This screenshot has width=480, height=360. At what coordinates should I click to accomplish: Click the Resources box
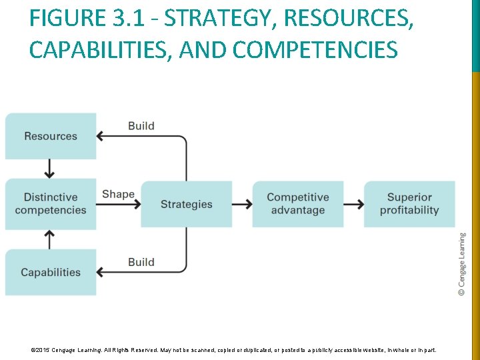coord(51,136)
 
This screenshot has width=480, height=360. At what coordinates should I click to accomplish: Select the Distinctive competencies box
coord(51,203)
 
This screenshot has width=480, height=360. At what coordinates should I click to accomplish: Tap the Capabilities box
coord(51,272)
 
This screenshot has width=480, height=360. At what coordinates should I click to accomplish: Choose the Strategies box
coord(186,204)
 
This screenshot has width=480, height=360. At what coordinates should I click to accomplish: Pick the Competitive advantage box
coord(297,203)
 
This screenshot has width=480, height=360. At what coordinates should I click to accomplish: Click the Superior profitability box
coord(409,203)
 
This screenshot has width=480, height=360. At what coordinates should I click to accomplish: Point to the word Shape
coord(118,194)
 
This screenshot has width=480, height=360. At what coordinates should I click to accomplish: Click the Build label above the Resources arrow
coord(141,125)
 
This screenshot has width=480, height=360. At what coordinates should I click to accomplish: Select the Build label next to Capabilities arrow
coord(141,262)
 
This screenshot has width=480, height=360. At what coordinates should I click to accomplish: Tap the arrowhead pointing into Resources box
coord(101,136)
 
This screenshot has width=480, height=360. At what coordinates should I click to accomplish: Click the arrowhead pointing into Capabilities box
coord(101,272)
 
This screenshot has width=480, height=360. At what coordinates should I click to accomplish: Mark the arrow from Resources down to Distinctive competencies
coord(49,169)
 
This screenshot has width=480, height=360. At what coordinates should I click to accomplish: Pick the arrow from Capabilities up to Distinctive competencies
coord(49,239)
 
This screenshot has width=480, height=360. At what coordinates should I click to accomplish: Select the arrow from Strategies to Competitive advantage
coord(242,204)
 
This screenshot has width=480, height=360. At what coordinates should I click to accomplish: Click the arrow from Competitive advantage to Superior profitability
coord(353,204)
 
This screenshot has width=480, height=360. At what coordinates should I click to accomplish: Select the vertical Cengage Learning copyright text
coord(462,264)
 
